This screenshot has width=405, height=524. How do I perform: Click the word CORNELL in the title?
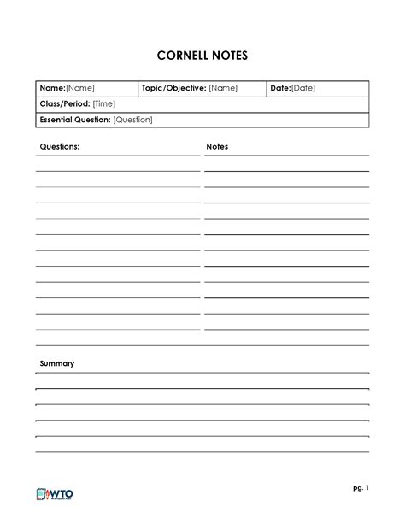tap(185, 56)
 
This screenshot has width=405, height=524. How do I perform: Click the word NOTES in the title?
tap(230, 56)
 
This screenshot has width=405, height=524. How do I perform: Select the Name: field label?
tap(53, 88)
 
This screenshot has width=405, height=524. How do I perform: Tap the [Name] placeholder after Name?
tap(80, 88)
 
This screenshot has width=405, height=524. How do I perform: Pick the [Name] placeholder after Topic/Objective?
tap(223, 88)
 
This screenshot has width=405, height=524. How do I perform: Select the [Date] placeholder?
tap(304, 88)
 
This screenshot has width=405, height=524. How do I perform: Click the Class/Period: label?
tap(64, 103)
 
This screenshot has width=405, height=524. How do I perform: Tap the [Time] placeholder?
tap(105, 103)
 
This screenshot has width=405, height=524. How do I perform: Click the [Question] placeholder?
tap(132, 120)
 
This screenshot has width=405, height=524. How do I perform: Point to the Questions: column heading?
tap(60, 147)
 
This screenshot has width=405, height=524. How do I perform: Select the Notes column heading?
tap(217, 147)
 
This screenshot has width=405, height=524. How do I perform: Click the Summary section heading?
tap(57, 363)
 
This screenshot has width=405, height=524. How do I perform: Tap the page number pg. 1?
tap(360, 488)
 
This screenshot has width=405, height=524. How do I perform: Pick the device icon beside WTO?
tap(43, 494)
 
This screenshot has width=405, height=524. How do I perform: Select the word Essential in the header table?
tap(56, 120)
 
